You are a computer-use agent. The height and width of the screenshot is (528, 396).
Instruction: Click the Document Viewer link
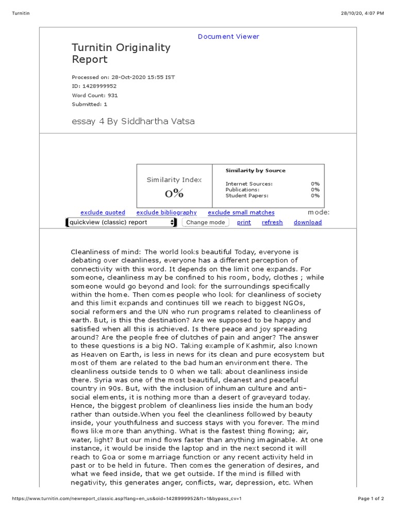pyautogui.click(x=228, y=37)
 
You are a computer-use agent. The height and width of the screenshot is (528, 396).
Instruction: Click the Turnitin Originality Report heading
pyautogui.click(x=121, y=53)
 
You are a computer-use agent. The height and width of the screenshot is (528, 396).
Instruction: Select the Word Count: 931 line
pyautogui.click(x=94, y=95)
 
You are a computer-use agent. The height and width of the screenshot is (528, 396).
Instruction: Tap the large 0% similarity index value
pyautogui.click(x=174, y=194)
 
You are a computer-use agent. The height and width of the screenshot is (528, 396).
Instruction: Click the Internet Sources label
pyautogui.click(x=249, y=184)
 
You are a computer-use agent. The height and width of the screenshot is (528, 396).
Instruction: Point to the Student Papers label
pyautogui.click(x=247, y=195)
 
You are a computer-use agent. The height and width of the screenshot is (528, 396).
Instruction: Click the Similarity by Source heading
pyautogui.click(x=255, y=171)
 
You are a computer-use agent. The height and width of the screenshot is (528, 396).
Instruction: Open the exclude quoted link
pyautogui.click(x=103, y=212)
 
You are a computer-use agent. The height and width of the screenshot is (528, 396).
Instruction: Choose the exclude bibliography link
pyautogui.click(x=167, y=212)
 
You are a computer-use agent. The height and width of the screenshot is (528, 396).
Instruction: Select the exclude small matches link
pyautogui.click(x=241, y=212)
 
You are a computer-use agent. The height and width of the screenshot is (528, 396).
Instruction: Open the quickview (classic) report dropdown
pyautogui.click(x=121, y=222)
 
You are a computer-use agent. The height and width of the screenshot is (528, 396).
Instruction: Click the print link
pyautogui.click(x=244, y=222)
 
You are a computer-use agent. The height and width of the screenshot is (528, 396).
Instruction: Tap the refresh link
pyautogui.click(x=272, y=222)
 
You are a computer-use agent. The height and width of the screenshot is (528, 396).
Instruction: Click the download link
pyautogui.click(x=307, y=222)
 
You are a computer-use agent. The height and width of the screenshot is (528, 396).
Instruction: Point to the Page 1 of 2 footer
pyautogui.click(x=371, y=499)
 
